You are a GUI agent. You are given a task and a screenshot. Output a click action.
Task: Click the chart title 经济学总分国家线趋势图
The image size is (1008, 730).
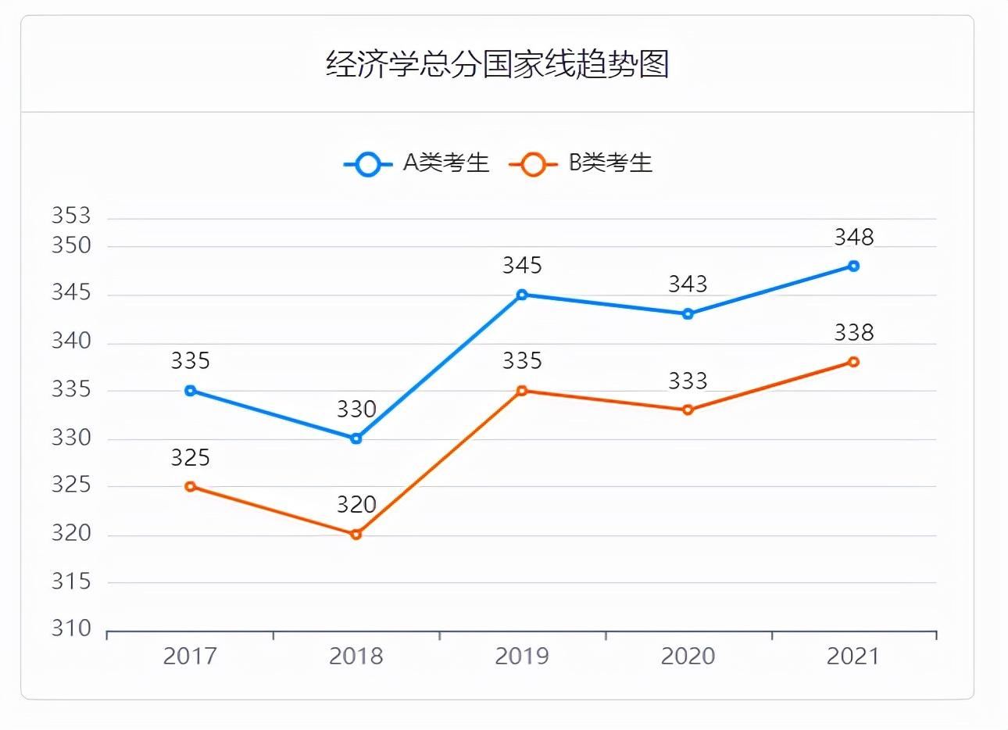[498, 65]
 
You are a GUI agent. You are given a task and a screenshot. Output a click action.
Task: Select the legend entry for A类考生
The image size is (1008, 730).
[416, 163]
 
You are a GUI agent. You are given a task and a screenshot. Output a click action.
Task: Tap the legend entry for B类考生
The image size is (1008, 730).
[581, 163]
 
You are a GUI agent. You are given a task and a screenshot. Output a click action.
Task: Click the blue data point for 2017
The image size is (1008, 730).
[190, 391]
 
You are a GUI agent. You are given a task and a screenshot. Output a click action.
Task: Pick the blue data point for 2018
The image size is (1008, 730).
[356, 438]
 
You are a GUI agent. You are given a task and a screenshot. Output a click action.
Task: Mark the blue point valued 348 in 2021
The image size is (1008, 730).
[853, 266]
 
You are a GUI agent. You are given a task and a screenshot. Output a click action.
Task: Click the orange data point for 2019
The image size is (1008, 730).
[522, 391]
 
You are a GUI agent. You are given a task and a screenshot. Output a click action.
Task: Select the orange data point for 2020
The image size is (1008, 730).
[688, 410]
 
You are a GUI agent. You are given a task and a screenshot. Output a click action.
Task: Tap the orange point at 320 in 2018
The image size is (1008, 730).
[356, 535]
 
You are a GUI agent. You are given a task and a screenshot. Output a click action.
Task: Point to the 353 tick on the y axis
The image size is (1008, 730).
[71, 216]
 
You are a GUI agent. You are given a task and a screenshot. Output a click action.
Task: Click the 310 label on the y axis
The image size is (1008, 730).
[71, 629]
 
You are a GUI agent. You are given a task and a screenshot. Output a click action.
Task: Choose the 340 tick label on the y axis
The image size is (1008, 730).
[71, 342]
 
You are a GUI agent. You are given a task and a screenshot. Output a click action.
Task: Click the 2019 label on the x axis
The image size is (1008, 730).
[522, 656]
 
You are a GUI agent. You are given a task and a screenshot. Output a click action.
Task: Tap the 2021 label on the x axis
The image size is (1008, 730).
[853, 656]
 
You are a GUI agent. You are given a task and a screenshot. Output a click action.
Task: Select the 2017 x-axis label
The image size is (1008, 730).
[190, 656]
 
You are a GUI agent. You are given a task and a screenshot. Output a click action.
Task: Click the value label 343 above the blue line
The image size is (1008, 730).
[688, 284]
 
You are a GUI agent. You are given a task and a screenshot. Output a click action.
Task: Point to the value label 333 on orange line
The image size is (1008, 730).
[688, 381]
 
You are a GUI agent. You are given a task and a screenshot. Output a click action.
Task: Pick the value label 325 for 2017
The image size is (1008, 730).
[190, 457]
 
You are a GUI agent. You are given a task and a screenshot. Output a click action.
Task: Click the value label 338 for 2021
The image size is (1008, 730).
[853, 333]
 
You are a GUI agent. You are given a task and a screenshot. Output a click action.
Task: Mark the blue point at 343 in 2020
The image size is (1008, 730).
[688, 314]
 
